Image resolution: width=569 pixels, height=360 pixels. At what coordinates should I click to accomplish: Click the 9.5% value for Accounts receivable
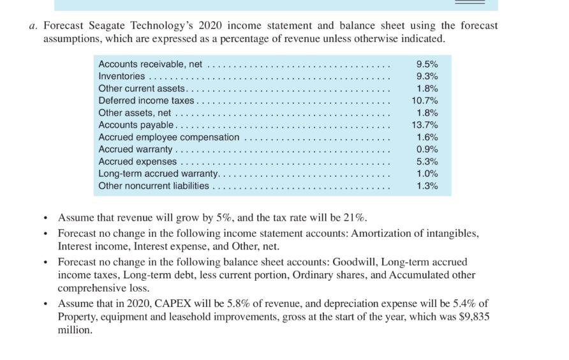[x=426, y=64]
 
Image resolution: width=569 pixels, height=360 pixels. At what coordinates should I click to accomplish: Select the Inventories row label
[x=121, y=77]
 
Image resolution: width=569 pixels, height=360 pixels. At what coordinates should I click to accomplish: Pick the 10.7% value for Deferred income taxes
[x=424, y=101]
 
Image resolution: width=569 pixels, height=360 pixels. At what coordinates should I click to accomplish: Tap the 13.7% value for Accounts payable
[x=424, y=125]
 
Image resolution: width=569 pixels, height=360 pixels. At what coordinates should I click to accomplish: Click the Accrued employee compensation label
[x=168, y=137]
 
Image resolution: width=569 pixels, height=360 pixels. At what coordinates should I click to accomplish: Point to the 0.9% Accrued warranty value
[x=426, y=149]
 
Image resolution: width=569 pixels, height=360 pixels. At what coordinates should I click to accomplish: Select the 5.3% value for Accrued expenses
[x=426, y=161]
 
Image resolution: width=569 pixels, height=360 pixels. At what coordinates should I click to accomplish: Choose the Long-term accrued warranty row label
[x=158, y=174]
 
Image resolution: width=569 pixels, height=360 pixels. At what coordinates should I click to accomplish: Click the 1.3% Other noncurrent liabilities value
[x=426, y=186]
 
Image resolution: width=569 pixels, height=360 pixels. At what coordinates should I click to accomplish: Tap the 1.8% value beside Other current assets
[x=426, y=89]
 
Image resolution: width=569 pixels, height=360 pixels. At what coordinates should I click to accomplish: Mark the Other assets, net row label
[x=135, y=113]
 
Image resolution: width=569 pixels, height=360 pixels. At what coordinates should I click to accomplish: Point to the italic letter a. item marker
[x=33, y=26]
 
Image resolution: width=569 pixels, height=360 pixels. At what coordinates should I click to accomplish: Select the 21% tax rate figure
[x=354, y=217]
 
